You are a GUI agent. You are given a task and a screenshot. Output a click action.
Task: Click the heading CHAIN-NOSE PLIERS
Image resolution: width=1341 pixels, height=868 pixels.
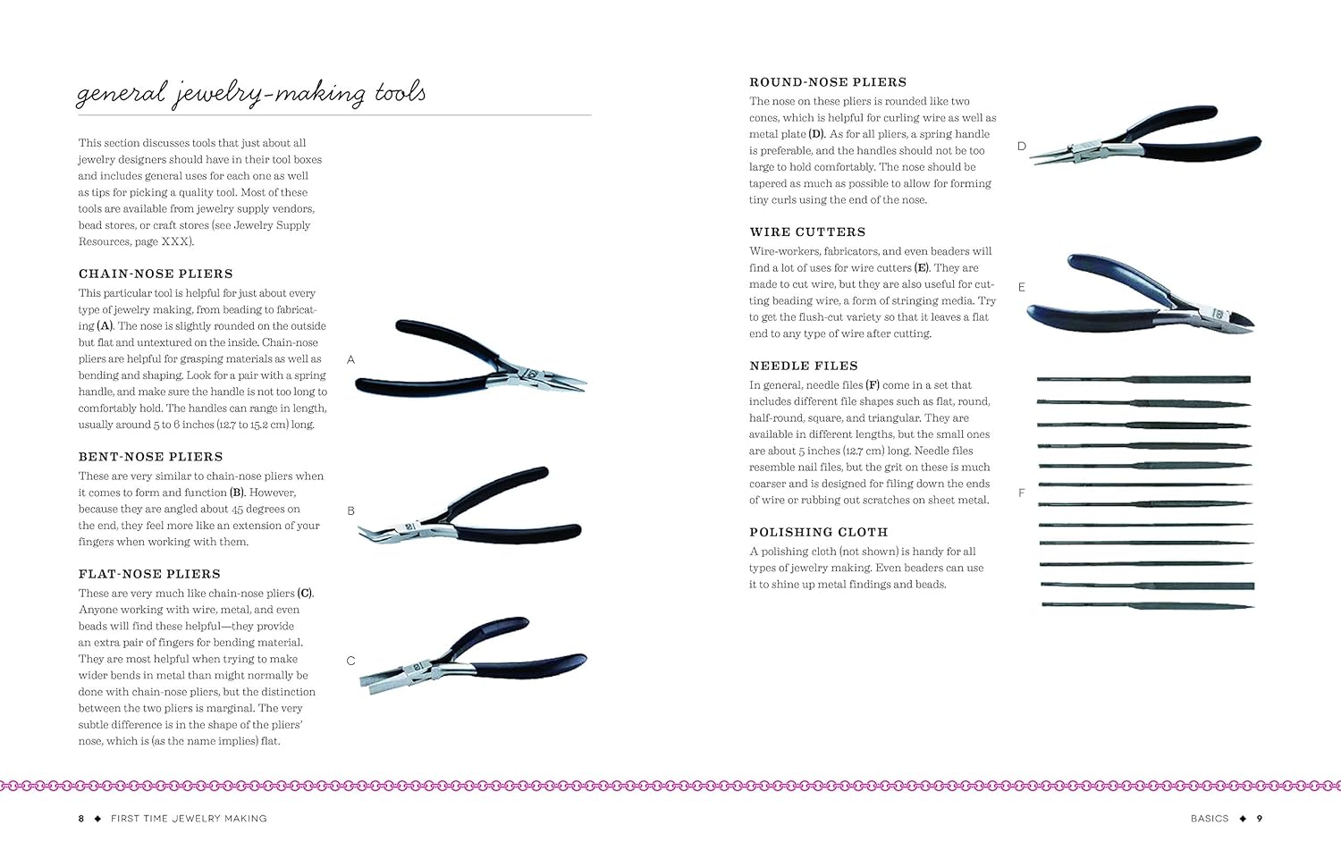point(156,274)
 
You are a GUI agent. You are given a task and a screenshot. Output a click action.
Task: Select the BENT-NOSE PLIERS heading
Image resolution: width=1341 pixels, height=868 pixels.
point(150,457)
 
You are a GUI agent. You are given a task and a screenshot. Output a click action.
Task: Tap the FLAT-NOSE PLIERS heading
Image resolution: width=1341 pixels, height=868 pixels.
point(149,574)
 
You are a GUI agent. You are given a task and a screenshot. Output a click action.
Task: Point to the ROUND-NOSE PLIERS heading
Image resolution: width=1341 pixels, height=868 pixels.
point(828,82)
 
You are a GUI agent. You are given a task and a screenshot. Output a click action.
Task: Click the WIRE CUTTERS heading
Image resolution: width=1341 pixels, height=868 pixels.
point(807,232)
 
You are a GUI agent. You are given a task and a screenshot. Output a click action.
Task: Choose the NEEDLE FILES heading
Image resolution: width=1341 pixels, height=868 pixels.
point(804,366)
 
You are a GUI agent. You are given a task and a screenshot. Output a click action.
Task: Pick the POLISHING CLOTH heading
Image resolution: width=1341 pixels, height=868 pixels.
point(819,532)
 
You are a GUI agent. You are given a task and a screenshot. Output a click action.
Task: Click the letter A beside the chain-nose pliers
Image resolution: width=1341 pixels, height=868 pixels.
point(350,359)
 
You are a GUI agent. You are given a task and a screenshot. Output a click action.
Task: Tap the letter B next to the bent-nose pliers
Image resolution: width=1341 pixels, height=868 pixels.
point(350,511)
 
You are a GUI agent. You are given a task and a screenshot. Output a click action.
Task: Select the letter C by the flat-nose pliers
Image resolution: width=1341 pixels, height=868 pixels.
point(350,661)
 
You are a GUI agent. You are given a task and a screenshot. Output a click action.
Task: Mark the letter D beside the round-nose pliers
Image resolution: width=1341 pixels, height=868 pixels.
point(1022,146)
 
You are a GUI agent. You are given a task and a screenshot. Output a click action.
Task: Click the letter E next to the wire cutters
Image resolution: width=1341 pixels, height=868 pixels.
point(1022,287)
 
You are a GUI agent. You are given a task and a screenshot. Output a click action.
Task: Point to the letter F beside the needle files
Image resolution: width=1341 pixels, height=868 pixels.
point(1022,493)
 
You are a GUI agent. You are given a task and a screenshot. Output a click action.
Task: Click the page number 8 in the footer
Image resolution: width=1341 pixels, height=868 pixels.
point(81,818)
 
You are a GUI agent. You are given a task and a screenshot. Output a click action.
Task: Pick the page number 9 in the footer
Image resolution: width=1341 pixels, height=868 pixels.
point(1260,818)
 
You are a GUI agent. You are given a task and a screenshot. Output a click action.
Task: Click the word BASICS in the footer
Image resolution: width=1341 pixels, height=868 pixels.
point(1210,818)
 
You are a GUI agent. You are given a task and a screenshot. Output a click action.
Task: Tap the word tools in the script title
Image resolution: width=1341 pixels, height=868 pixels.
point(400,93)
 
